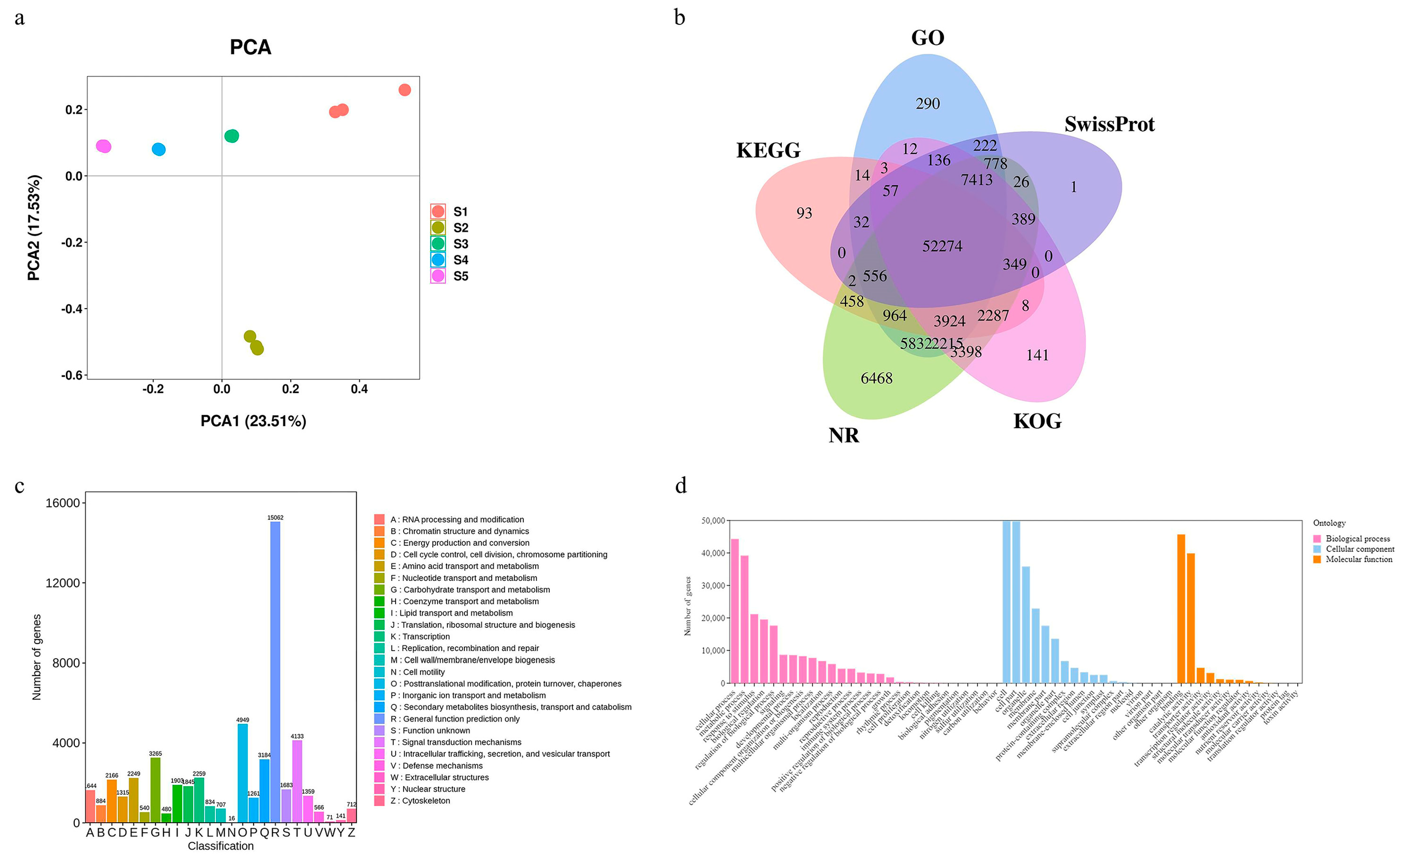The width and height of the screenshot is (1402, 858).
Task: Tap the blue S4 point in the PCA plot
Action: [159, 149]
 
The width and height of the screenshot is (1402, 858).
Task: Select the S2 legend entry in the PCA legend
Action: [450, 228]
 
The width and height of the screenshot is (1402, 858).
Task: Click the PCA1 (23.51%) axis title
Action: [253, 421]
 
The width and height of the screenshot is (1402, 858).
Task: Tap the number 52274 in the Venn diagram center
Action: [942, 246]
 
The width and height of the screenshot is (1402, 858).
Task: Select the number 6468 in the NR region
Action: [876, 378]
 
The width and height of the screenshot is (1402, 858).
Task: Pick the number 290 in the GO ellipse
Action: [927, 103]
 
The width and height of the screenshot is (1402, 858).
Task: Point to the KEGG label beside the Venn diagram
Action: [768, 150]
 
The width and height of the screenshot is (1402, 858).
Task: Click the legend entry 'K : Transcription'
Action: [419, 636]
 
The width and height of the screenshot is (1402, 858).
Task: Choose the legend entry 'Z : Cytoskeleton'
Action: [419, 800]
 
